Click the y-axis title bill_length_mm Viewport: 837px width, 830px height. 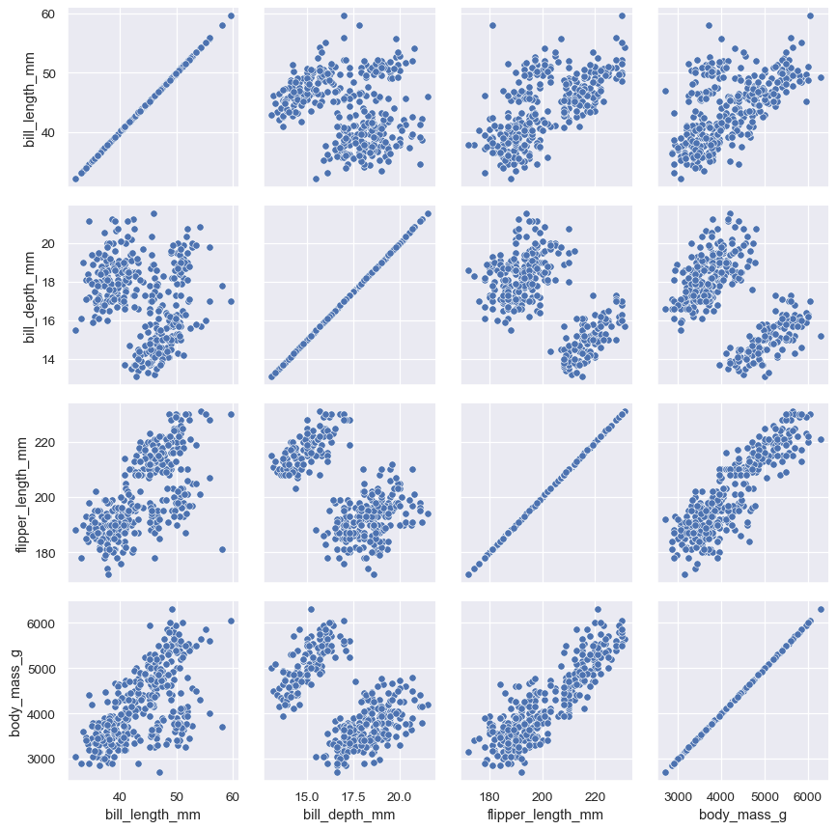click(29, 99)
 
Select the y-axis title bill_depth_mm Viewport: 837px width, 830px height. click(29, 295)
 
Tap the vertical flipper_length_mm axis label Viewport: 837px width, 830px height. click(22, 492)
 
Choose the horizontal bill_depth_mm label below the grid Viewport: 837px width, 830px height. click(349, 816)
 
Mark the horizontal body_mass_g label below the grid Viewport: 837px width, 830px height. click(742, 816)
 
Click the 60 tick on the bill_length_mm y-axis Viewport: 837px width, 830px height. click(48, 14)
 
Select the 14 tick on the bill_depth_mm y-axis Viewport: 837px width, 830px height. click(48, 359)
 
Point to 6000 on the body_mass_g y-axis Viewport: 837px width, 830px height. click(40, 623)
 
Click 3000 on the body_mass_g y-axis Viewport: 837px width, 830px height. click(40, 760)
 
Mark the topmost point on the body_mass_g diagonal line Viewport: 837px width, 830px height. click(821, 609)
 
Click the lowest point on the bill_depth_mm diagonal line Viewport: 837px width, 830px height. click(271, 376)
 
